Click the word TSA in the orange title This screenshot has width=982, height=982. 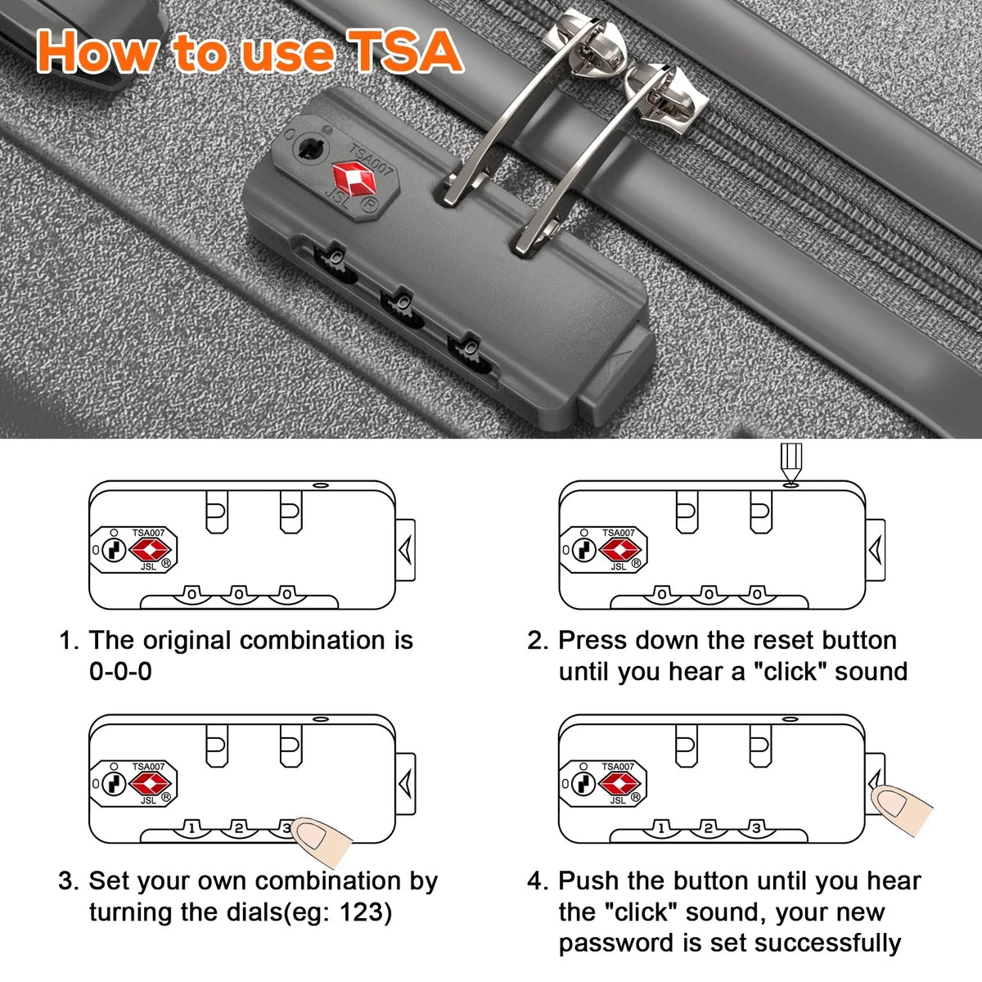point(405,51)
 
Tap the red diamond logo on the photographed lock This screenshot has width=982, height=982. point(354,179)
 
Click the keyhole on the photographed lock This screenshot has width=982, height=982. point(310,148)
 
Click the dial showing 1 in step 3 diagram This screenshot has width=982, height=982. point(191,827)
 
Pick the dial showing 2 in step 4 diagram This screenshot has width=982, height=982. point(708,827)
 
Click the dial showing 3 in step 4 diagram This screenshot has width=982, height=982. point(756,827)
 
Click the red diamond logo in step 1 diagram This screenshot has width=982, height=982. point(150,550)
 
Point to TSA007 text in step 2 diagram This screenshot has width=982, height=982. point(618,533)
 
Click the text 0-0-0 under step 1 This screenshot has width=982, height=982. point(121,671)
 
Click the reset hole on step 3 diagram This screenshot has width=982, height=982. point(320,719)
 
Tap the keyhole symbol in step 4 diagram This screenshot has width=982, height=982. point(584,783)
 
